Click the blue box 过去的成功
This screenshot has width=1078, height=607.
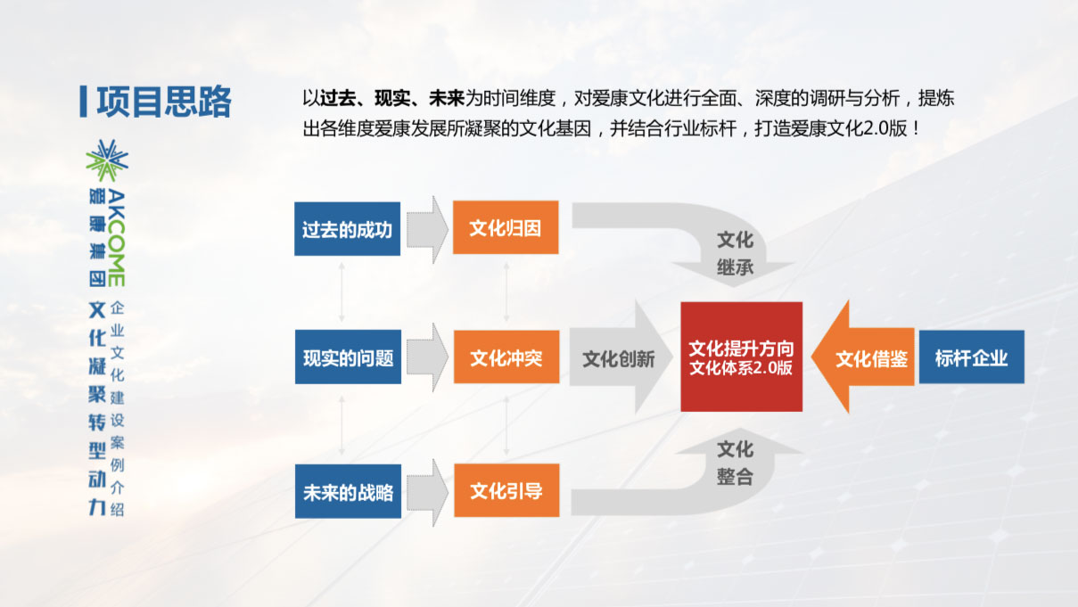[347, 229]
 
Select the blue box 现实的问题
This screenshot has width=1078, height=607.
[348, 357]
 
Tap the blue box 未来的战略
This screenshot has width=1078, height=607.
[348, 491]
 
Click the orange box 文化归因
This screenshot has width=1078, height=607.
[506, 227]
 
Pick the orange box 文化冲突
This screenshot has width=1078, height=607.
[506, 357]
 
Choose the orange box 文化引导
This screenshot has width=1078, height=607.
[506, 490]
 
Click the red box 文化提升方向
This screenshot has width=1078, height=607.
[742, 357]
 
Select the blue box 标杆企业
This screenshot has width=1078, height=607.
[972, 357]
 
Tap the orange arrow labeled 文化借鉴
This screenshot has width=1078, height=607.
[863, 357]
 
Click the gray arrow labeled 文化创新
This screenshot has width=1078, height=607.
[621, 357]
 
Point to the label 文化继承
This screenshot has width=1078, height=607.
[735, 253]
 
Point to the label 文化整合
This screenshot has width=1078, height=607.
[735, 463]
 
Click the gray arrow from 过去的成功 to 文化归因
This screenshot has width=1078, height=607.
[427, 229]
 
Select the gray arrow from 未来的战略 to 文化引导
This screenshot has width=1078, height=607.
[427, 492]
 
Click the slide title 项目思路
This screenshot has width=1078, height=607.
[164, 102]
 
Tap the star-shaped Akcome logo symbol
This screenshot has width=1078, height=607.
[107, 160]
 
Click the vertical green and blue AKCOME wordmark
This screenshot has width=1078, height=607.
[117, 238]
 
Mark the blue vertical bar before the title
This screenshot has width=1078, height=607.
[83, 101]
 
